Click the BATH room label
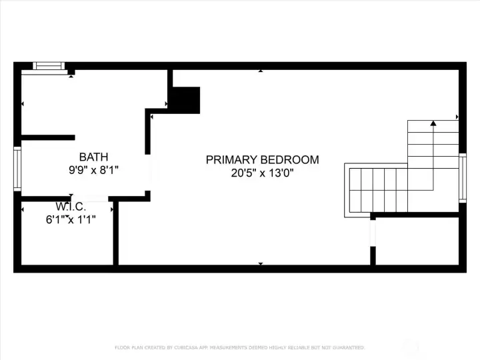tap(93, 157)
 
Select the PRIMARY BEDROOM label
tap(262, 160)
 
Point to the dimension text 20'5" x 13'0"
tap(262, 173)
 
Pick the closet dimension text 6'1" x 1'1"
tap(71, 219)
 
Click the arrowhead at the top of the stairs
tap(433, 123)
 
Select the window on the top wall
tap(49, 65)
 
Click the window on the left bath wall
tap(17, 169)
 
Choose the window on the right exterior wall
tap(462, 177)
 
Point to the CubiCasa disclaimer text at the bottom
tap(240, 347)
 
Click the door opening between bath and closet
tap(91, 198)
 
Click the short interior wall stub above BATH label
tap(47, 137)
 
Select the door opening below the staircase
tap(373, 232)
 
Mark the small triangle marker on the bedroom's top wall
tap(260, 70)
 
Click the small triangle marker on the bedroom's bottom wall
tap(260, 264)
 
